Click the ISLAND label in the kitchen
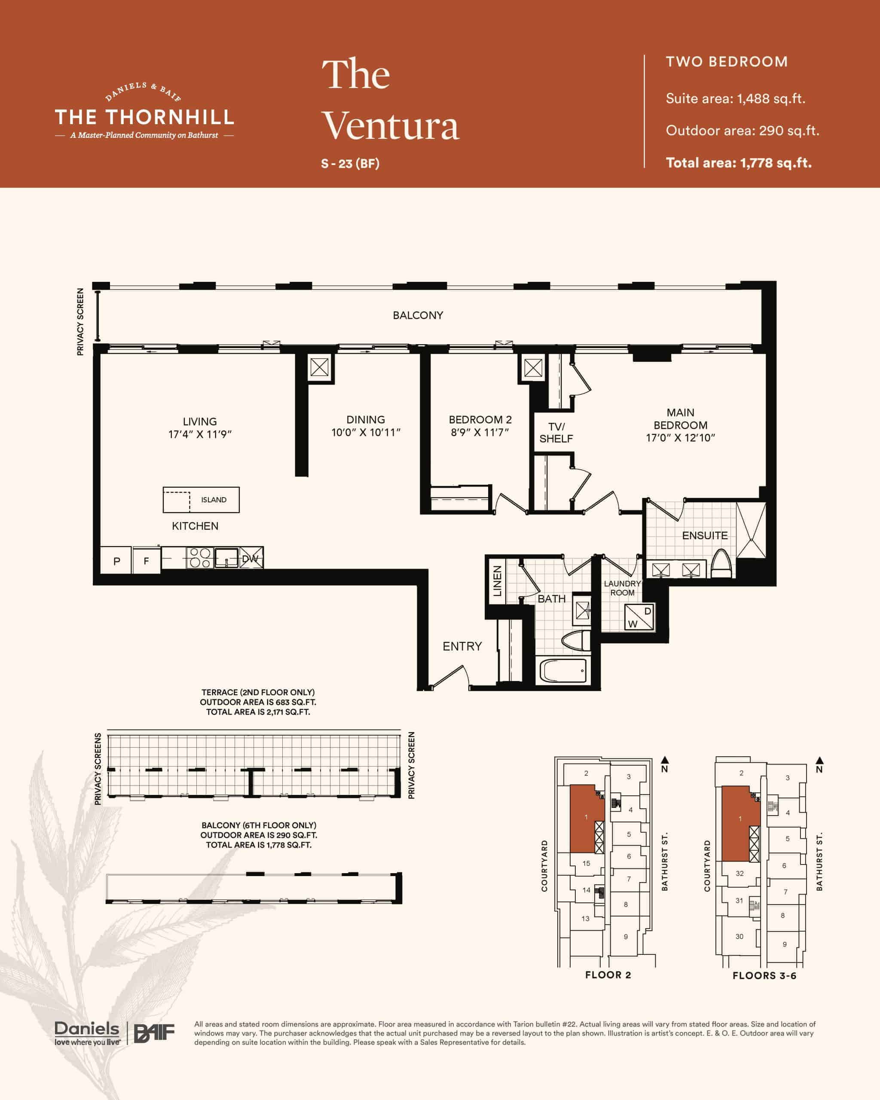click(x=213, y=500)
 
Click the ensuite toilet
click(x=721, y=563)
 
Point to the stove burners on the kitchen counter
click(x=199, y=558)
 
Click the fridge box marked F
click(x=147, y=561)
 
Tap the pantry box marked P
click(x=116, y=561)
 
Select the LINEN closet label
click(x=497, y=581)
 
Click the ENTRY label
click(x=462, y=646)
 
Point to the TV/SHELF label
click(x=556, y=433)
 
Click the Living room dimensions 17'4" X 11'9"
click(x=200, y=434)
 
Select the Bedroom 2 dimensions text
click(x=480, y=432)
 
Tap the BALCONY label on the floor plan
click(x=418, y=315)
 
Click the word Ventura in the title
click(x=391, y=125)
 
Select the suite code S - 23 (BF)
click(x=350, y=163)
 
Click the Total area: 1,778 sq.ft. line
click(x=739, y=163)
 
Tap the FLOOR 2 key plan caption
click(x=608, y=975)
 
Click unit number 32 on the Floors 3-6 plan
click(x=740, y=874)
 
